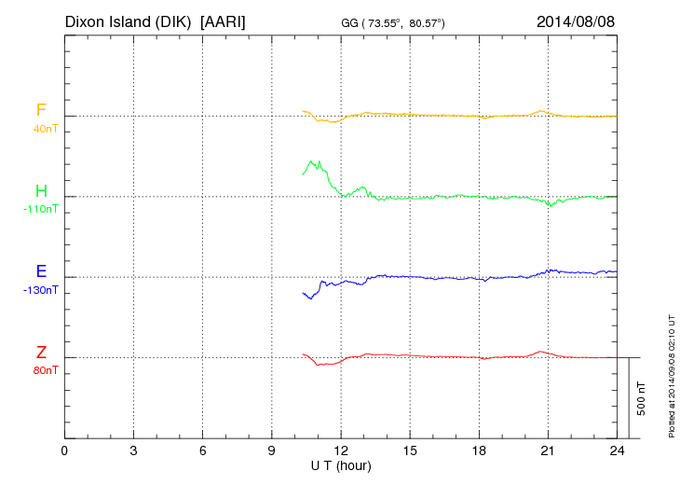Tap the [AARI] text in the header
(224, 21)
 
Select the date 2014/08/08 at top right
(576, 21)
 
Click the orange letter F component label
(41, 111)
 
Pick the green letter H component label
(41, 191)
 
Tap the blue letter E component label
(41, 271)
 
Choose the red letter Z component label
(41, 352)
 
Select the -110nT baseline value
(41, 210)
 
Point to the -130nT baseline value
(41, 290)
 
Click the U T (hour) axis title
(340, 465)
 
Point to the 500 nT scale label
(642, 398)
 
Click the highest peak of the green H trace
(311, 160)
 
